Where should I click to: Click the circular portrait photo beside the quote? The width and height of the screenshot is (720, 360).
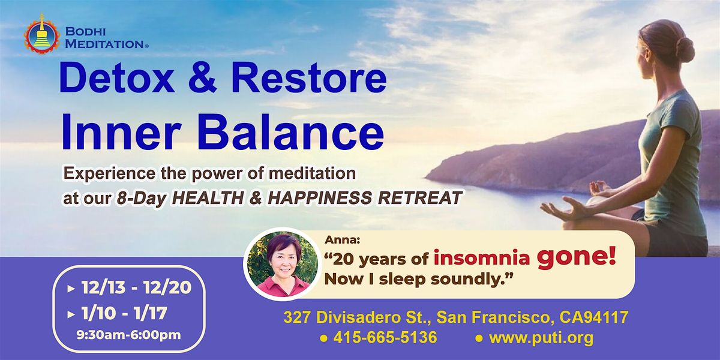click(x=281, y=265)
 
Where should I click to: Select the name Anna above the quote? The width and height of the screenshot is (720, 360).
click(x=338, y=241)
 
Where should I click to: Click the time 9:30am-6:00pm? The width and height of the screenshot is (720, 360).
click(x=136, y=335)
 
